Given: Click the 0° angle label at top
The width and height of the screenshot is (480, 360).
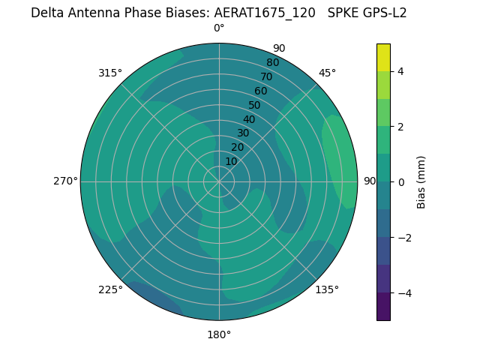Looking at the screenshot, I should click(219, 28).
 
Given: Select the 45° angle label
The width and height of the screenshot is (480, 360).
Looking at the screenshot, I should click(327, 73).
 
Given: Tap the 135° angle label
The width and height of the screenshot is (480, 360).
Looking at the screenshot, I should click(327, 289).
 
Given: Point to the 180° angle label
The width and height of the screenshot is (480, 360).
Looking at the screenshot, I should click(219, 334).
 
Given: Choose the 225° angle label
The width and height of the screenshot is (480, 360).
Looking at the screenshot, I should click(110, 289).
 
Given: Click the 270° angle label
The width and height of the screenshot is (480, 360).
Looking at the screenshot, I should click(65, 181).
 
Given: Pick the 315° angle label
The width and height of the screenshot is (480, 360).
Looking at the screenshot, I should click(110, 73).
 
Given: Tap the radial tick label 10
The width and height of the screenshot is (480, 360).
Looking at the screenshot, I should click(231, 161).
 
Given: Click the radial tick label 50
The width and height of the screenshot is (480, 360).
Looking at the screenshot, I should click(254, 105).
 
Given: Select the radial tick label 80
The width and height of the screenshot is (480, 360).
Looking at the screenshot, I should click(272, 62).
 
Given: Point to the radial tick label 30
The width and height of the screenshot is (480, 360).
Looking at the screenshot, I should click(243, 133).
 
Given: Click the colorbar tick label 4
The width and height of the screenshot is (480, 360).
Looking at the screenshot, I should click(400, 71).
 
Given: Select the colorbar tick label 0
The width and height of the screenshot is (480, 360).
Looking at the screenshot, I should click(400, 181).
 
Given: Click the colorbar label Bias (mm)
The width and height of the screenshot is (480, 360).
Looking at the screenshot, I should click(421, 181).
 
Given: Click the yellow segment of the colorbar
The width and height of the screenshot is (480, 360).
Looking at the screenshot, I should click(383, 57).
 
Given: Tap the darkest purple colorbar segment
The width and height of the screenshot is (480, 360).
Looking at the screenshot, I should click(383, 306).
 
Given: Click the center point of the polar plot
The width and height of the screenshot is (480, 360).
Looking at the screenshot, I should click(219, 181).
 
